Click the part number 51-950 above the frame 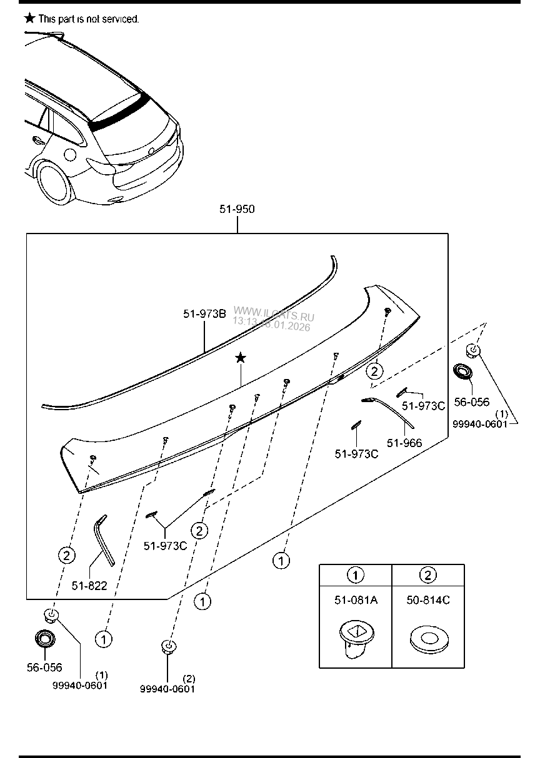237,209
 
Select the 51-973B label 204,315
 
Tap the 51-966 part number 404,443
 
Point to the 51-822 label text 89,586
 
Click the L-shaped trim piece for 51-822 104,539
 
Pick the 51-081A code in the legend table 355,601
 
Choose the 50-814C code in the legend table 427,601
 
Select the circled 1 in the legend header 355,575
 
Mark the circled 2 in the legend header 427,575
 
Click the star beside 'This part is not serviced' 29,18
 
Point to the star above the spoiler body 241,358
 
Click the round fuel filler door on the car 70,154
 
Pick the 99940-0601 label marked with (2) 167,689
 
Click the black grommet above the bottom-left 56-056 44,639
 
